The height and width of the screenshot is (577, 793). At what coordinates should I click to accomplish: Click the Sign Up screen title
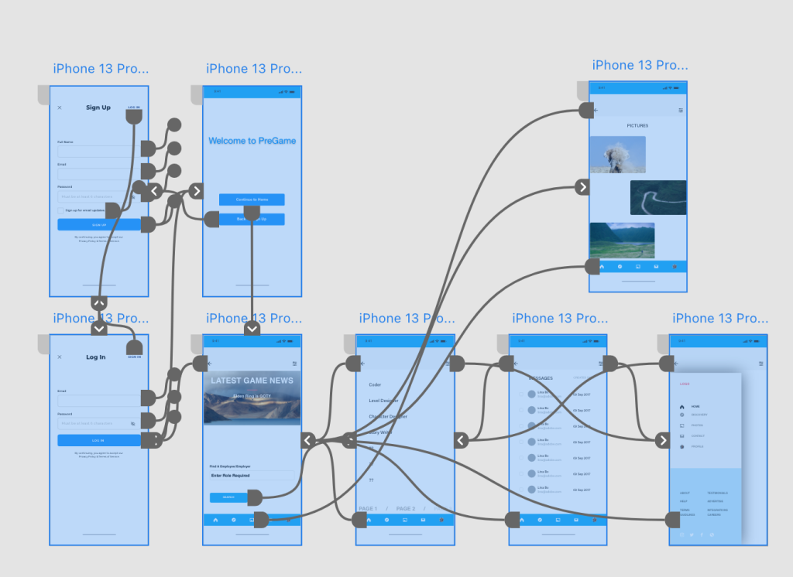click(x=98, y=108)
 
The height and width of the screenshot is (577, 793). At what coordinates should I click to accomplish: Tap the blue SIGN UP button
click(x=99, y=224)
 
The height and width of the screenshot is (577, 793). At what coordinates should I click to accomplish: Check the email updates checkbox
click(x=60, y=210)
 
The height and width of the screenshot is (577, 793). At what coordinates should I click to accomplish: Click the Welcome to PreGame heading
click(x=252, y=141)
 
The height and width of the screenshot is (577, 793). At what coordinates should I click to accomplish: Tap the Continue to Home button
click(x=252, y=200)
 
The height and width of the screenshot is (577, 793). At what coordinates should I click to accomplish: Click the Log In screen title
click(x=96, y=357)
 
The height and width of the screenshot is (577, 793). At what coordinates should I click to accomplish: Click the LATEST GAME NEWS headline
click(x=252, y=381)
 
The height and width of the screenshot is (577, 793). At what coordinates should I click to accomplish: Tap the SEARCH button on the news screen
click(x=228, y=497)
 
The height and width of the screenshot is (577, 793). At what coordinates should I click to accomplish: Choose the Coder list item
click(x=375, y=384)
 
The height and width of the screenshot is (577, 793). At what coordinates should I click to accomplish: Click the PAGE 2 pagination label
click(x=406, y=509)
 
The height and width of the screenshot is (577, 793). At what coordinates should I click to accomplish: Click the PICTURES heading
click(x=637, y=125)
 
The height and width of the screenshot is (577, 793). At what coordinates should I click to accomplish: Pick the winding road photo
click(x=658, y=197)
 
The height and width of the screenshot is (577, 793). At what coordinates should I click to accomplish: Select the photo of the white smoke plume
click(x=617, y=155)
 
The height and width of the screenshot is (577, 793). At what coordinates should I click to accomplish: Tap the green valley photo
click(x=622, y=240)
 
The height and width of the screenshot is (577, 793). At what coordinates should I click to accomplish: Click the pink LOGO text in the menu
click(x=685, y=383)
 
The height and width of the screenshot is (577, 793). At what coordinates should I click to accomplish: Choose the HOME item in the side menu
click(x=695, y=406)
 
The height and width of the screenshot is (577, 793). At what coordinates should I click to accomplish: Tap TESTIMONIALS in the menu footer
click(x=717, y=493)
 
